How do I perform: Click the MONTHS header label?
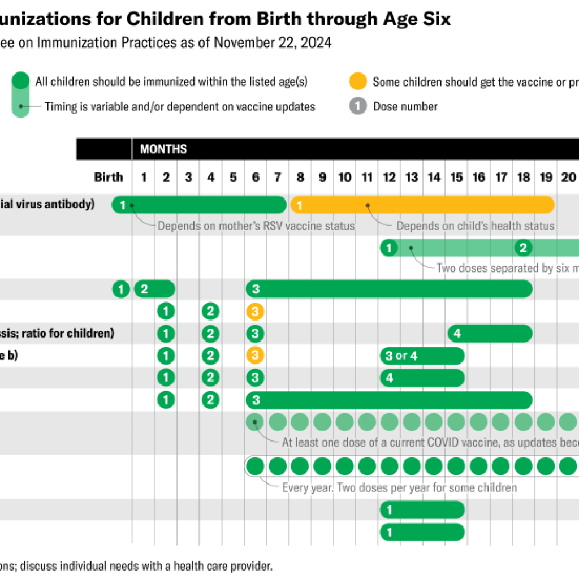[163, 149]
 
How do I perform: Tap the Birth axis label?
[109, 177]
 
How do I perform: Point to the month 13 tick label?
[412, 177]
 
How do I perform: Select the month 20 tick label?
[567, 177]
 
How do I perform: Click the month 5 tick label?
[233, 177]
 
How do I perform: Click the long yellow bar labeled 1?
[422, 205]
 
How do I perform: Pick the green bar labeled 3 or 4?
[422, 356]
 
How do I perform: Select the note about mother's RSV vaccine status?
[256, 226]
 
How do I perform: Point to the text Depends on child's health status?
[475, 226]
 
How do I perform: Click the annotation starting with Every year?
[399, 487]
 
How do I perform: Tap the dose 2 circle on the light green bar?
[524, 248]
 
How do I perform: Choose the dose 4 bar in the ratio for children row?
[490, 334]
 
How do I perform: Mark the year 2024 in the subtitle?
[317, 43]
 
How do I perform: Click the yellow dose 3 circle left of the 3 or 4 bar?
[255, 356]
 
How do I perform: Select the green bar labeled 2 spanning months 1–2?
[154, 289]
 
